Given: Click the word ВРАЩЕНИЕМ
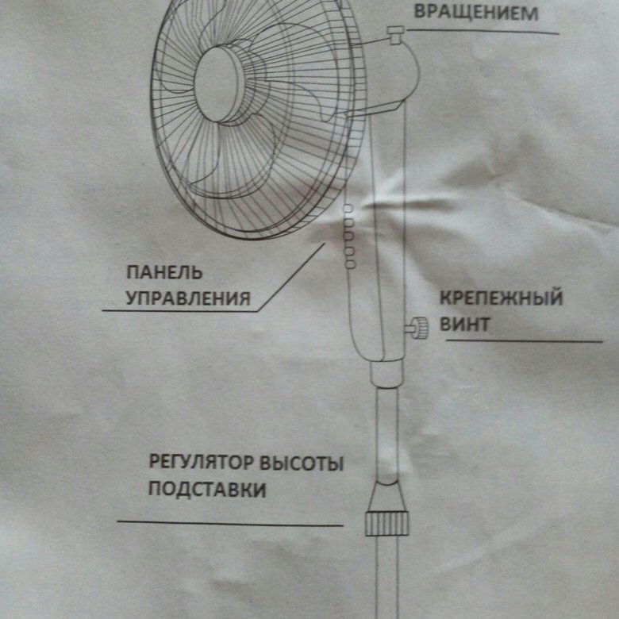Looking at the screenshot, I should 465,13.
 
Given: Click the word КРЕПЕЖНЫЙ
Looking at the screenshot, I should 501,299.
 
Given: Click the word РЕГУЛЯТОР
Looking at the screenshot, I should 196,463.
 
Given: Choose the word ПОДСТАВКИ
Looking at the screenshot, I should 207,490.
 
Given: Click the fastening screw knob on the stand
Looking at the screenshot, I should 416,325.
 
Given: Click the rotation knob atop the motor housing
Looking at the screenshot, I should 395,32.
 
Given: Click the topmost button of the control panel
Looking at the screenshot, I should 348,208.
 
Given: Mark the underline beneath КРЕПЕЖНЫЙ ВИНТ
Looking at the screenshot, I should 524,341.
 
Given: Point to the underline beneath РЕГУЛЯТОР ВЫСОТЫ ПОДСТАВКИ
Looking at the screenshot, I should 230,522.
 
